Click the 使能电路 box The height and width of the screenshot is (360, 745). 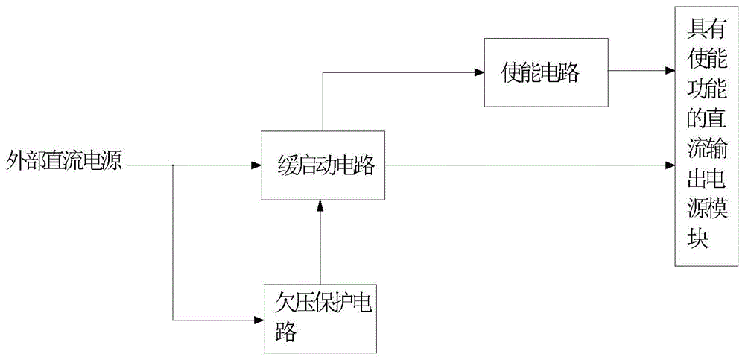[x=546, y=72]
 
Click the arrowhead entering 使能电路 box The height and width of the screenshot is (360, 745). [x=479, y=72]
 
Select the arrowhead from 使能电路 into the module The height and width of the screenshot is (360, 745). [x=670, y=72]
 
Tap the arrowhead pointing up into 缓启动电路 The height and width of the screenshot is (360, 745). [x=320, y=205]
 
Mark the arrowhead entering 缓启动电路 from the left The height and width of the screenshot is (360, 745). [x=256, y=165]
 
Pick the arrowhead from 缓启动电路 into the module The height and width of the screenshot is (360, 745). [x=670, y=165]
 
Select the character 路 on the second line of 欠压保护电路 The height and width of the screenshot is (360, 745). [x=285, y=332]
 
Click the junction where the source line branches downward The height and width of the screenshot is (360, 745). [x=173, y=165]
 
